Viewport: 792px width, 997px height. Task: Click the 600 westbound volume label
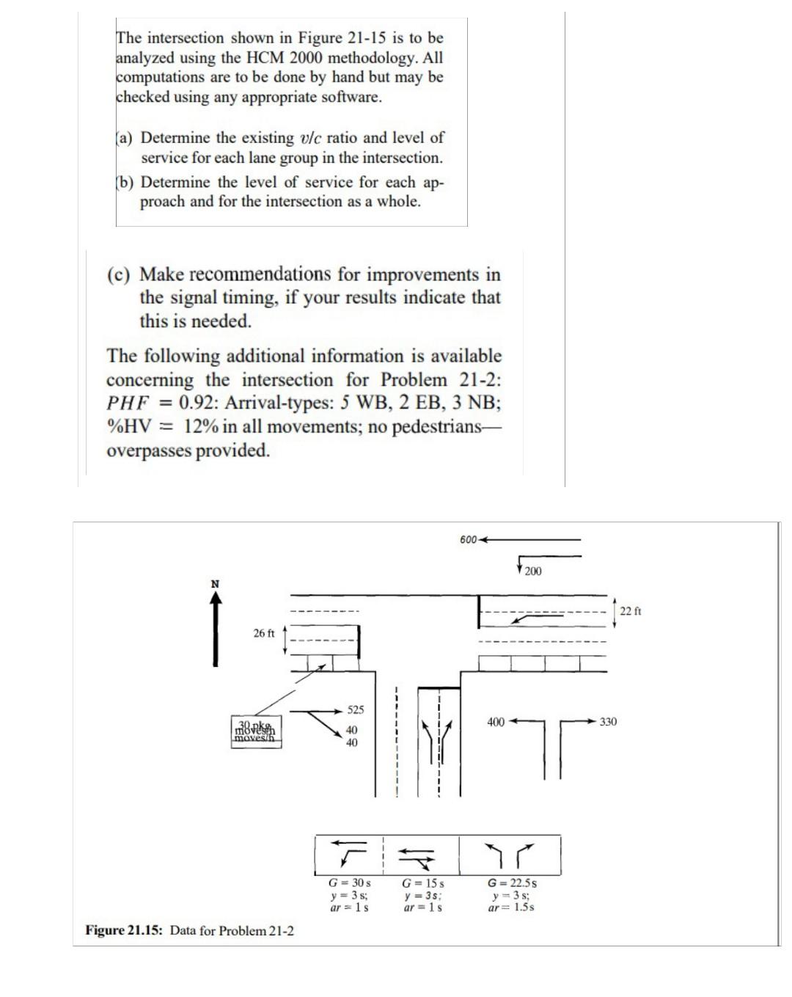coord(468,540)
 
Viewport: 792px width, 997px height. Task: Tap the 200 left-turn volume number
coord(533,571)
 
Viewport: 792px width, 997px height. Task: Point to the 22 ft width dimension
coord(631,611)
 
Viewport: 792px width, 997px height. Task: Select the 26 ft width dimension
coord(264,633)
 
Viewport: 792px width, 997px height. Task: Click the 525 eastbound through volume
coord(355,710)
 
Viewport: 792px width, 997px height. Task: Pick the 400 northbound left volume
coord(496,722)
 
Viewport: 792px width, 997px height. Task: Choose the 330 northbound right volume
coord(608,722)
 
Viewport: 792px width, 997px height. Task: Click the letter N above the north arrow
coord(215,584)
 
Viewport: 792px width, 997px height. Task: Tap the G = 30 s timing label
coord(349,883)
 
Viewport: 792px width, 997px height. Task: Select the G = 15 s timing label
coord(423,883)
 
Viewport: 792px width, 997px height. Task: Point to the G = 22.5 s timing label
coord(513,883)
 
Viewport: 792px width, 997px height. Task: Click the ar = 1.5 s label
coord(511,907)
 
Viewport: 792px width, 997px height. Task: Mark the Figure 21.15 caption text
coord(190,931)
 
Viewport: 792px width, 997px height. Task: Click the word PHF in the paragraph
coord(128,403)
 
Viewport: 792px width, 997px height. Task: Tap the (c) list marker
coord(119,274)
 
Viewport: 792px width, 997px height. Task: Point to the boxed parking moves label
coord(255,732)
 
